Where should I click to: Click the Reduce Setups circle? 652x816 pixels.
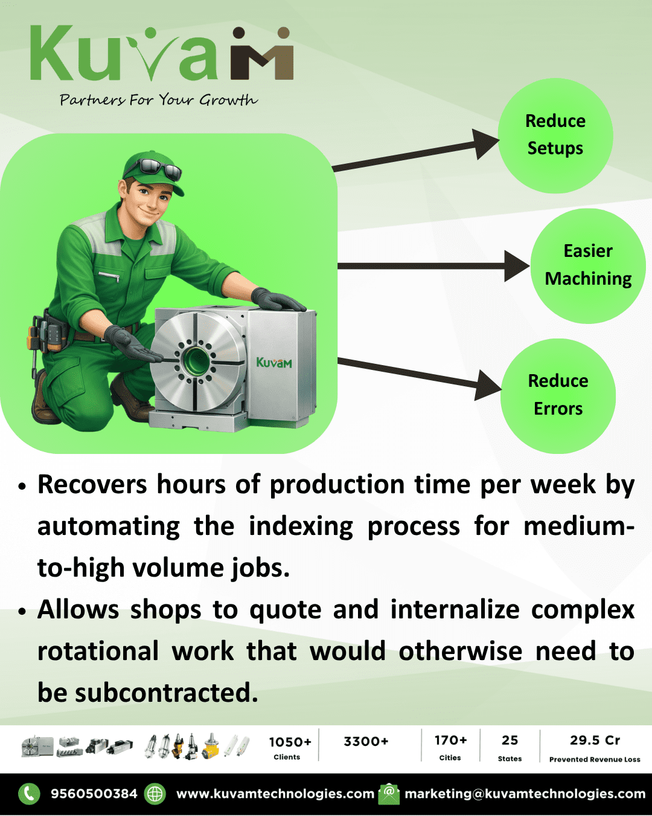[x=555, y=135]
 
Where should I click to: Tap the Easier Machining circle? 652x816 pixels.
[x=588, y=265]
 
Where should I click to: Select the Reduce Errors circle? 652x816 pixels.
[x=558, y=395]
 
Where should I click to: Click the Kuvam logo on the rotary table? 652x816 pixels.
[x=273, y=363]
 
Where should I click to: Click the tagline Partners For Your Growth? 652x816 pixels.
[x=158, y=100]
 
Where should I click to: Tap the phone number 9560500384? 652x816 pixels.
[x=94, y=794]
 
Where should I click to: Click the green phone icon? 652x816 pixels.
[x=29, y=794]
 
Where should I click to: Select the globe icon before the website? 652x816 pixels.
[x=155, y=794]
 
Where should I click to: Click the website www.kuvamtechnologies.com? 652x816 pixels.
[x=275, y=794]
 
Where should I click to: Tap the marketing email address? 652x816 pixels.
[x=525, y=794]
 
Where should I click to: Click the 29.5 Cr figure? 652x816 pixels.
[x=595, y=740]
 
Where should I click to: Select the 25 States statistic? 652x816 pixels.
[x=510, y=747]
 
